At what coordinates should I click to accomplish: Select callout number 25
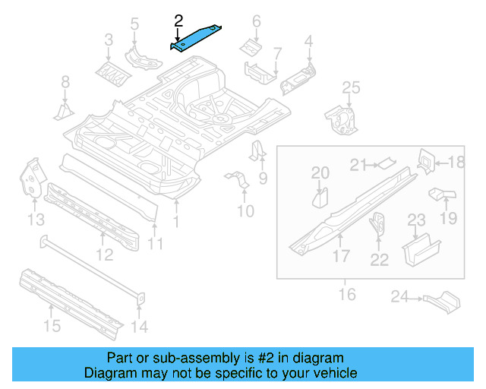350,90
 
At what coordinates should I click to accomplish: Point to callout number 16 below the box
347,293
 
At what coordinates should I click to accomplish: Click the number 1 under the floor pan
176,222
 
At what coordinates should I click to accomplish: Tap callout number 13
36,220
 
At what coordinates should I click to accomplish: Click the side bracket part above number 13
32,176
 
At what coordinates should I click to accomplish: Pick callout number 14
141,327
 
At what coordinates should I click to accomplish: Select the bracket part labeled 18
426,161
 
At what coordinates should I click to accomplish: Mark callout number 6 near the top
256,21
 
